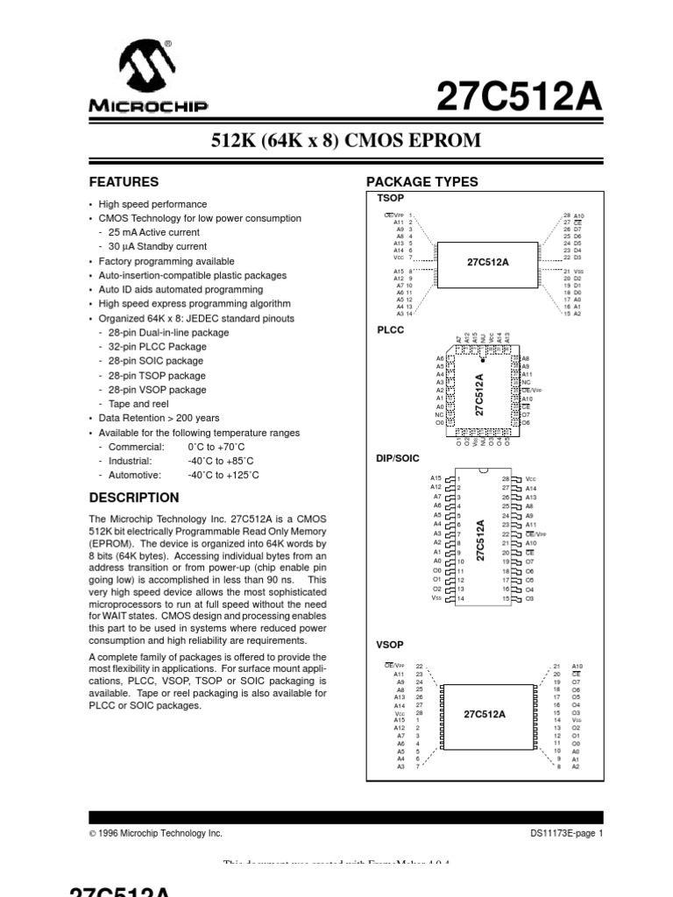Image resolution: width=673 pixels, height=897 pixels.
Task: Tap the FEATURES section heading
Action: [x=124, y=182]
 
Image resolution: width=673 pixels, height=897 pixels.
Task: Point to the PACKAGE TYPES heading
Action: [x=422, y=182]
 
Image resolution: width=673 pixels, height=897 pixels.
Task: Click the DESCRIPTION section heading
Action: [x=134, y=498]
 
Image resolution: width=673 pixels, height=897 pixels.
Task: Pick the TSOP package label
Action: [x=387, y=199]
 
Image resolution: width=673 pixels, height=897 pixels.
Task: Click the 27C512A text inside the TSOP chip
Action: [x=487, y=262]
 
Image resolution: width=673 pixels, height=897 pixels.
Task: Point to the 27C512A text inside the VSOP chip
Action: [x=485, y=714]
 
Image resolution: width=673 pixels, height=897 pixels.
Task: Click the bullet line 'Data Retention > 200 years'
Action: [x=159, y=419]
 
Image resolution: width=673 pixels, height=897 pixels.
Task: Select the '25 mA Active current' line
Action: [x=154, y=233]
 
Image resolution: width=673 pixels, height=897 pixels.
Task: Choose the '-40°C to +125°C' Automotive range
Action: [x=223, y=475]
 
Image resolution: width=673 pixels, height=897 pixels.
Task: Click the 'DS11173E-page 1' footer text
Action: [x=567, y=834]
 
